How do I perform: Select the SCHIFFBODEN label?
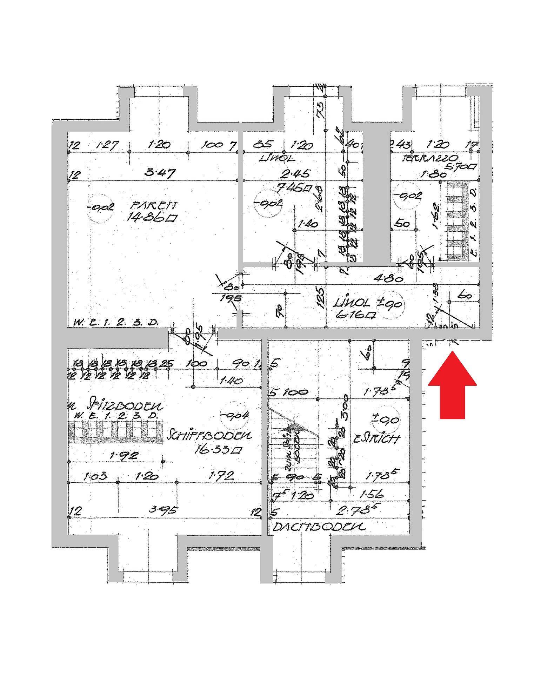click(x=210, y=436)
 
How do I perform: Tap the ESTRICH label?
click(x=376, y=438)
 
